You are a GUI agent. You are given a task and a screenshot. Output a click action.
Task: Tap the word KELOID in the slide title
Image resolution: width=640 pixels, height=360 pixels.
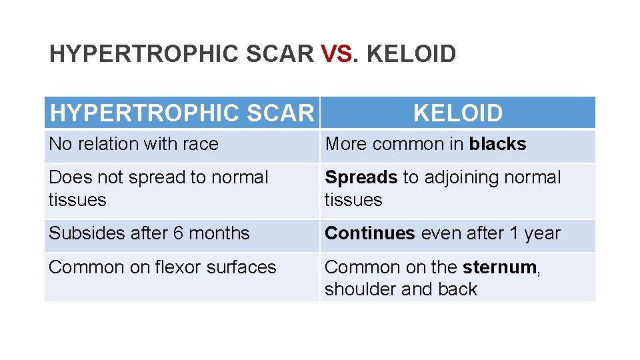[411, 54]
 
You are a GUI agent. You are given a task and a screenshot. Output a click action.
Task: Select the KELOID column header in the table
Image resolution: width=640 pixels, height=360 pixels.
[458, 113]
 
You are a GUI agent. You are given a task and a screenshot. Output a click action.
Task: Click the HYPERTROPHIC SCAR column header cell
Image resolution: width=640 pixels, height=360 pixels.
[181, 113]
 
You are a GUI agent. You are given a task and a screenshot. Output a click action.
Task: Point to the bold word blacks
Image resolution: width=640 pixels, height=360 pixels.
[497, 144]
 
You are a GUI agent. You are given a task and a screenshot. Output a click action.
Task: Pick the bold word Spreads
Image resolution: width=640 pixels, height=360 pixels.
[361, 177]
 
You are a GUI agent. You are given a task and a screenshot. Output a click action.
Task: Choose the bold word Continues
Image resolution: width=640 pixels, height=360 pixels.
[369, 233]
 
